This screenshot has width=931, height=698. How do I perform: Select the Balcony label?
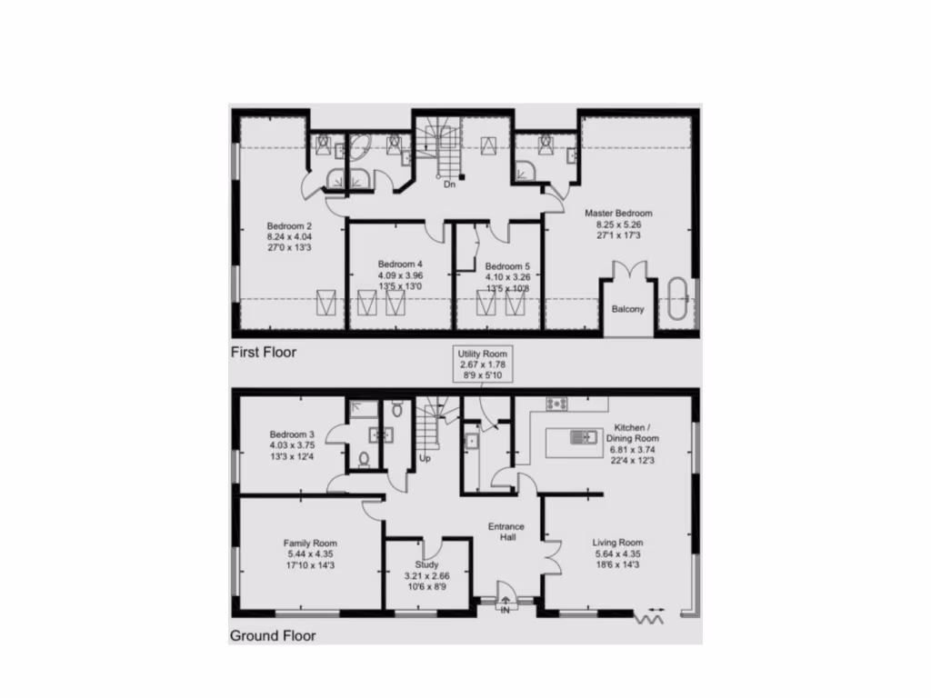627,309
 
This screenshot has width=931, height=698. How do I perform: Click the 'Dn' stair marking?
449,184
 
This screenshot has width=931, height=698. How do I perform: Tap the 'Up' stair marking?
425,458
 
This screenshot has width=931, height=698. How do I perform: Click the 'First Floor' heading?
263,352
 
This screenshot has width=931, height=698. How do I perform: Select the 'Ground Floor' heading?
273,635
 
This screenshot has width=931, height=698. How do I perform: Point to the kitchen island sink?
578,438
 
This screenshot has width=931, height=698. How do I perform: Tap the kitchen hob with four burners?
556,404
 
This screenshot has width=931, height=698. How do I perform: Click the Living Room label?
618,543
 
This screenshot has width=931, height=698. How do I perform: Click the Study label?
426,564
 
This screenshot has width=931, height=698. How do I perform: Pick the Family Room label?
309,543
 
